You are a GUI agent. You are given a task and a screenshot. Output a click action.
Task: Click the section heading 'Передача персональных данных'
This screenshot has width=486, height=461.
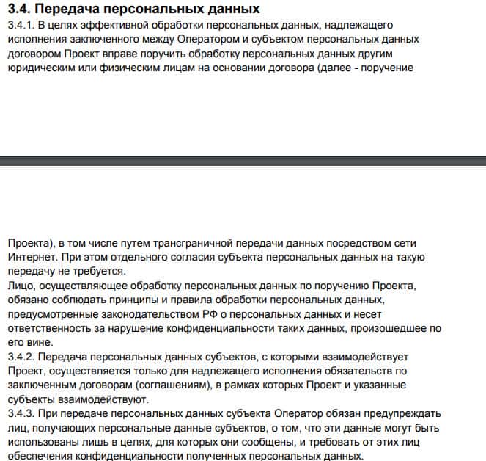click(x=147, y=10)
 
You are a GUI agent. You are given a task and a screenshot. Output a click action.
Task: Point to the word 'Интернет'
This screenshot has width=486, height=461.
click(x=29, y=257)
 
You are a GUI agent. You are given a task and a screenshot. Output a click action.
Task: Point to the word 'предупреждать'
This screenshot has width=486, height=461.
click(x=406, y=413)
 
